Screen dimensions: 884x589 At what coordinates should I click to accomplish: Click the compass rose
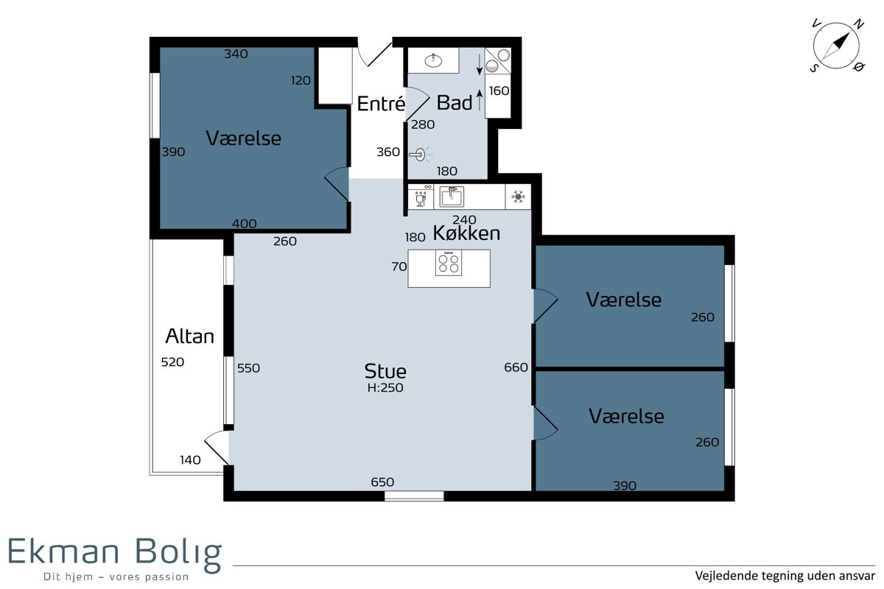tap(836, 46)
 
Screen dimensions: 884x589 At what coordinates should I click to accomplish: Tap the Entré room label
tap(381, 104)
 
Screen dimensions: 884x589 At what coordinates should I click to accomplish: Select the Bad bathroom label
tap(455, 103)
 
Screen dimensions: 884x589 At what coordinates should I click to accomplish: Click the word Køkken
tap(466, 233)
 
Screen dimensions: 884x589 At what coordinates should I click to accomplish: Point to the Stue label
tap(385, 371)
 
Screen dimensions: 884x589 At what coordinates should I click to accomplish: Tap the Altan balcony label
tap(190, 336)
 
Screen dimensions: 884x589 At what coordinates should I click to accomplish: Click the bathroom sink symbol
tap(433, 60)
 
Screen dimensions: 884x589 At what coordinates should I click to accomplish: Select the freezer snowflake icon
tap(518, 197)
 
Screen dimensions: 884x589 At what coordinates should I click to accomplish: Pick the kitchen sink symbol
tap(452, 197)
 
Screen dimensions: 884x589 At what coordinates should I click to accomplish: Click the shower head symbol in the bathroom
tap(421, 155)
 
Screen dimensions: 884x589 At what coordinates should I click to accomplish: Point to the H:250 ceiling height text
tap(385, 388)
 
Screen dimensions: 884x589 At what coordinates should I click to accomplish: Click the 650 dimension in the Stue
tap(382, 482)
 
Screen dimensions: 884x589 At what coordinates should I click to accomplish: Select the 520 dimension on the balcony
tap(172, 361)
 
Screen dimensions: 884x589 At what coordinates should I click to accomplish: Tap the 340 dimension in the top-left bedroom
tap(236, 54)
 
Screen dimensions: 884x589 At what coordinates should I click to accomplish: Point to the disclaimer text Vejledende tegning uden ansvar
tap(785, 576)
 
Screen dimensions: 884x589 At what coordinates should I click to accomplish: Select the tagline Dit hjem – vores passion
tap(116, 576)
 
